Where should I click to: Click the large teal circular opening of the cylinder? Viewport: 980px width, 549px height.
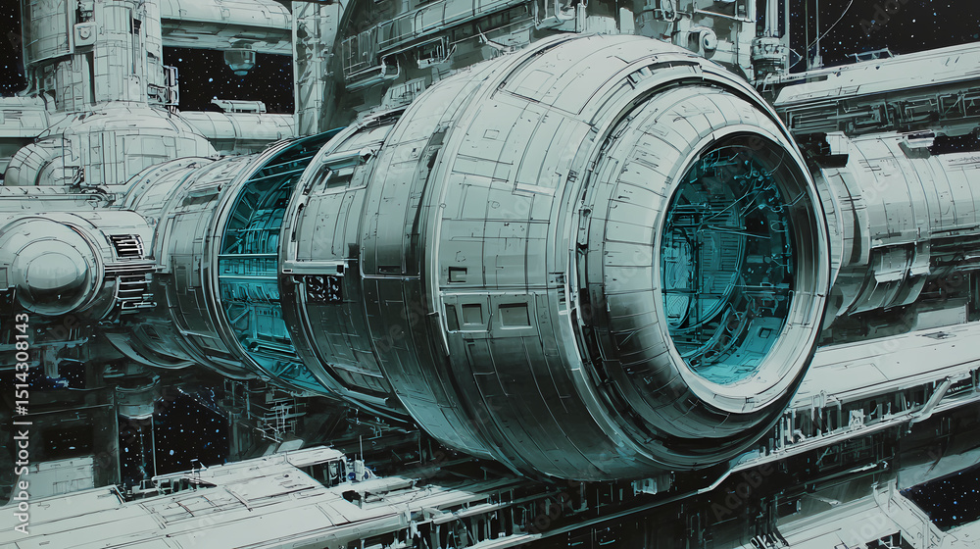(728, 258)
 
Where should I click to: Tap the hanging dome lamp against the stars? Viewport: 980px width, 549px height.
(239, 60)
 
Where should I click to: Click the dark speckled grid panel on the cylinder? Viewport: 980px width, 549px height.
(323, 288)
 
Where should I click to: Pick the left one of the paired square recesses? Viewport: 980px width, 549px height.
(472, 314)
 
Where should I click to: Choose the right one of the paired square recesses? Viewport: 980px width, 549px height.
(514, 315)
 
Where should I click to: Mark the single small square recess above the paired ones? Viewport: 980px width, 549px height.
(458, 274)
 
